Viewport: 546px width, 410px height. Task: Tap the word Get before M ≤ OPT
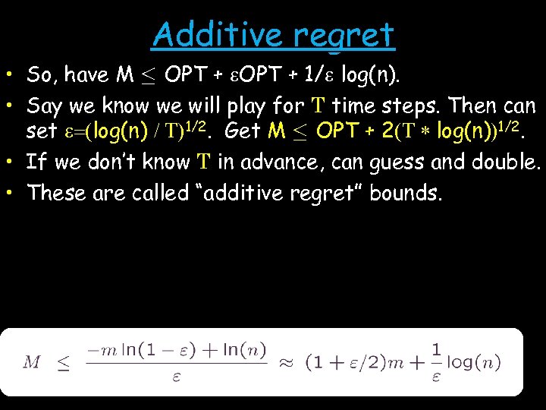pos(243,131)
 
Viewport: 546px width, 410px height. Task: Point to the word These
pos(55,192)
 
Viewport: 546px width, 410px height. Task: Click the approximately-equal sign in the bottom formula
pos(286,361)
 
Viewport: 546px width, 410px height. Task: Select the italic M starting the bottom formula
pos(32,362)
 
